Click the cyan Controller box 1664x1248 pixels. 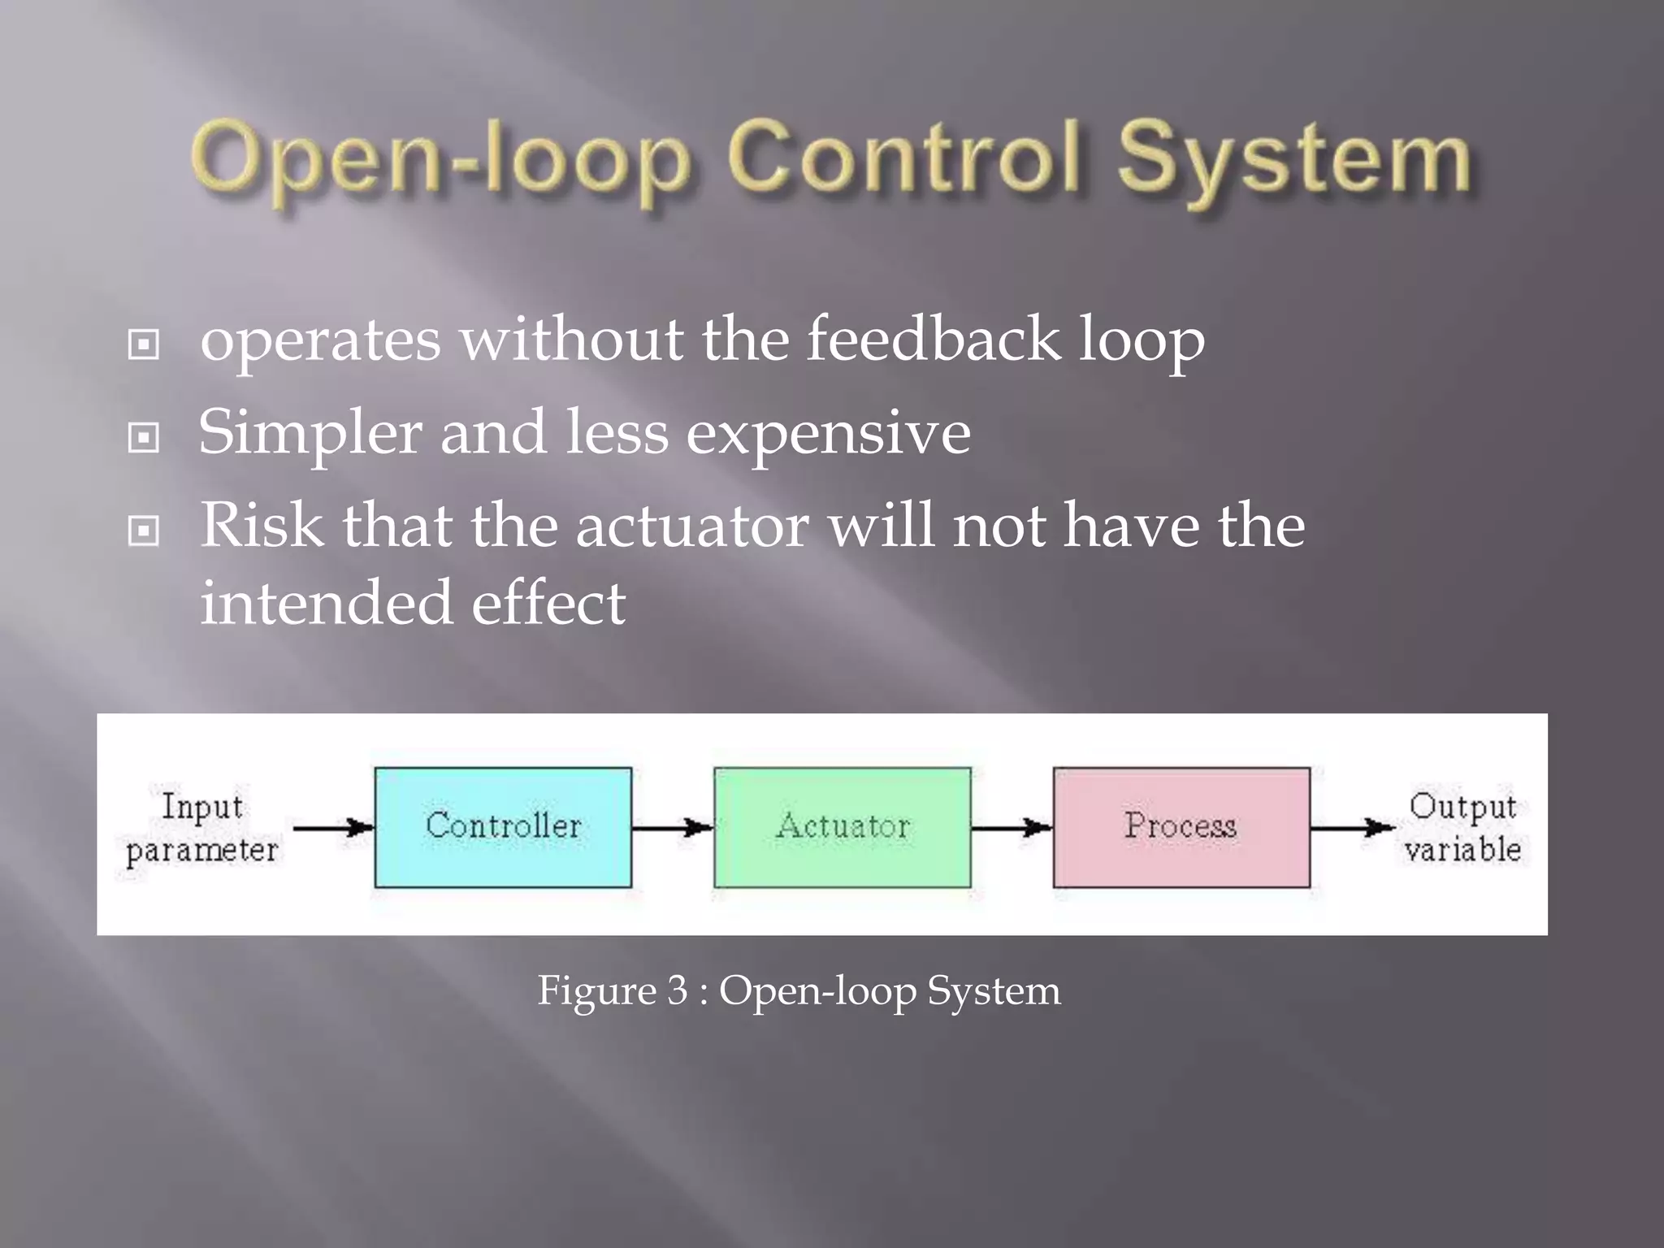503,827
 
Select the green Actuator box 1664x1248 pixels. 843,827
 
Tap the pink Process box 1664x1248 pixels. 1181,827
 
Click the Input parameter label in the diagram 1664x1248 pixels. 201,828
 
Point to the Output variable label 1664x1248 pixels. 1462,828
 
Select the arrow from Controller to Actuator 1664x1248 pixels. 672,828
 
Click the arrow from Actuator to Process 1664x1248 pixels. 1012,828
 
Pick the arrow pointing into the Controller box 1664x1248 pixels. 333,828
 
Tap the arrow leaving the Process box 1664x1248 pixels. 1351,828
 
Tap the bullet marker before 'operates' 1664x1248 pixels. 144,344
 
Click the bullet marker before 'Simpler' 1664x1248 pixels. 144,438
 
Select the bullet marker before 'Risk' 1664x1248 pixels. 144,531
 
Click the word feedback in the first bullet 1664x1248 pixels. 933,339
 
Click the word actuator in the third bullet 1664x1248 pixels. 692,526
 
